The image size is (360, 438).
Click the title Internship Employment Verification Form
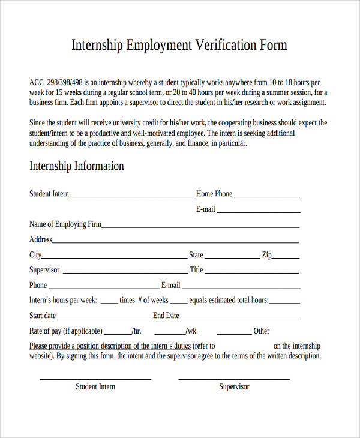click(x=179, y=45)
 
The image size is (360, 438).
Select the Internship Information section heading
click(x=77, y=166)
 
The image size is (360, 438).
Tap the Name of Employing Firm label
click(x=65, y=224)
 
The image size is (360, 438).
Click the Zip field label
click(x=266, y=255)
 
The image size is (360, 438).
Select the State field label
click(x=196, y=255)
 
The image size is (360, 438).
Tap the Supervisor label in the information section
click(x=44, y=270)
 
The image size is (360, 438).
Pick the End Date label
click(x=166, y=316)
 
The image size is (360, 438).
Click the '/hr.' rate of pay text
click(x=136, y=331)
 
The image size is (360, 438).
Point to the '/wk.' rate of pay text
click(x=191, y=331)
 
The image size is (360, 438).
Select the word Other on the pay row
click(x=262, y=331)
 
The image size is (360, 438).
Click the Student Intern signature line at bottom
click(x=95, y=379)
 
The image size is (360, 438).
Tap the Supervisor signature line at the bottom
click(x=234, y=379)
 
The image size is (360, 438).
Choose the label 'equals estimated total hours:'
click(x=229, y=301)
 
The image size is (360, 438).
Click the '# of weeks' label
click(x=153, y=300)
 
